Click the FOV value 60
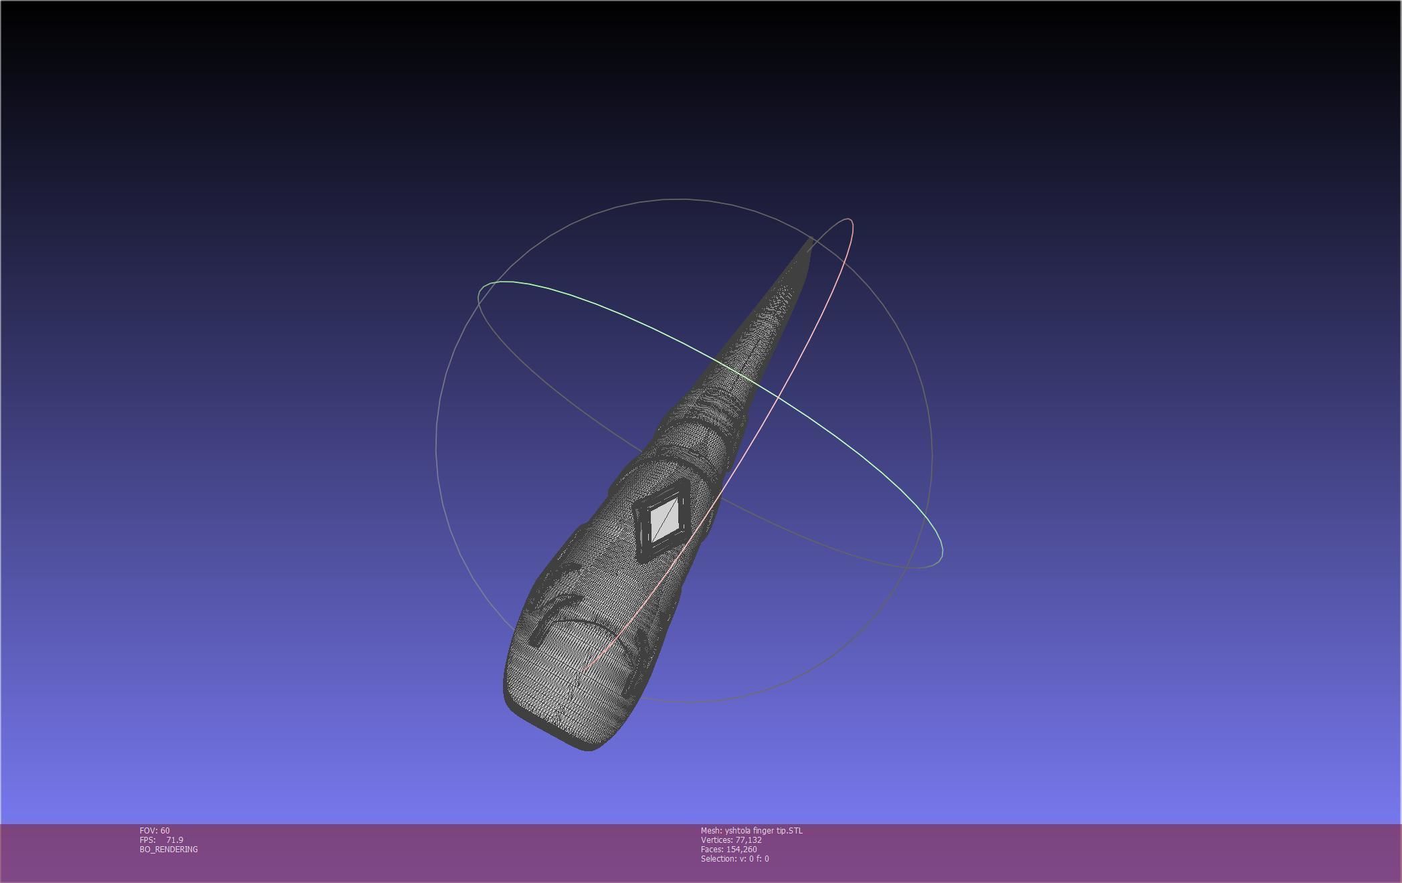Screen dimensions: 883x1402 [165, 830]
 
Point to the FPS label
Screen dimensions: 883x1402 [147, 840]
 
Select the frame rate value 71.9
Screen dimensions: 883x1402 [175, 840]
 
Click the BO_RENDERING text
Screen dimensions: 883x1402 [169, 849]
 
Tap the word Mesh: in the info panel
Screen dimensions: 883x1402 [711, 830]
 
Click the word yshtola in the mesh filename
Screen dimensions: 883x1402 [738, 830]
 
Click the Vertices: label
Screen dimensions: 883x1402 [716, 840]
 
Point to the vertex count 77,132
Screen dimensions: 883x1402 [748, 840]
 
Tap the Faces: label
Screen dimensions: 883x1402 [712, 849]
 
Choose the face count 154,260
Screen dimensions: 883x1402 [741, 849]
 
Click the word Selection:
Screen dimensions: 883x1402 [718, 858]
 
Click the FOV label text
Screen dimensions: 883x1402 [148, 830]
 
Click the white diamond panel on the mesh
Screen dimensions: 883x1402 [664, 519]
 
